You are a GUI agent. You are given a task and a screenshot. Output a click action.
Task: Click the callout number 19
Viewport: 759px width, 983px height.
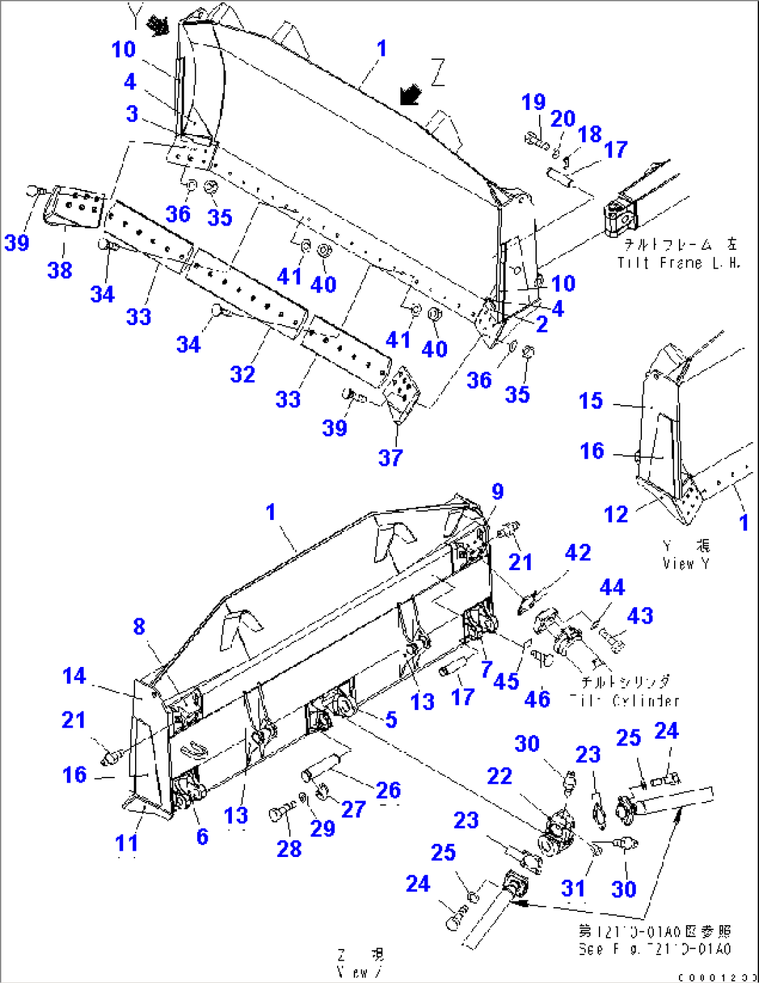(x=533, y=102)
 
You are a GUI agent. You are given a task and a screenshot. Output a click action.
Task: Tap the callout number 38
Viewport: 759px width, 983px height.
(x=60, y=270)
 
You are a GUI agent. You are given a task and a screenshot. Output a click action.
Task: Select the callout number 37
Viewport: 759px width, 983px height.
(x=391, y=457)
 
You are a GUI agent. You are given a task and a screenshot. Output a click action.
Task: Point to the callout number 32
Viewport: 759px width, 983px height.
(x=243, y=375)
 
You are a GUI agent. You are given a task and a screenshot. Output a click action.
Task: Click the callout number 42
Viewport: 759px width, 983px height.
(x=578, y=553)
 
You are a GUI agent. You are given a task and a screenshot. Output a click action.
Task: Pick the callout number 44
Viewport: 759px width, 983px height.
(x=612, y=588)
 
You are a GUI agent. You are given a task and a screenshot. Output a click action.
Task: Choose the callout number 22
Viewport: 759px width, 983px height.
(x=499, y=776)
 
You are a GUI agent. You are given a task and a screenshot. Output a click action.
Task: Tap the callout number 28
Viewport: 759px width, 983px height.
(x=289, y=849)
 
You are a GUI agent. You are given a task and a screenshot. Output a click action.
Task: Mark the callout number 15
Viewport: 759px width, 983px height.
(x=590, y=401)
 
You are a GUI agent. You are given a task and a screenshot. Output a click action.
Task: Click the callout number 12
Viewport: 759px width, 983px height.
(x=616, y=514)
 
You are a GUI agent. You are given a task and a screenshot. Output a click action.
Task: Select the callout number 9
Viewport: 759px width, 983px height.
(x=497, y=492)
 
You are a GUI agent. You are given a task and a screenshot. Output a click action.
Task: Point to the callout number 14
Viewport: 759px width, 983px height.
(x=74, y=676)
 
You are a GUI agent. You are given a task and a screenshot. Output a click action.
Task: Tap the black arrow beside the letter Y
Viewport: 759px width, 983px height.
(x=159, y=26)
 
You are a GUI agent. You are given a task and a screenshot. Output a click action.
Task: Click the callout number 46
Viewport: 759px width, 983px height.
(x=537, y=699)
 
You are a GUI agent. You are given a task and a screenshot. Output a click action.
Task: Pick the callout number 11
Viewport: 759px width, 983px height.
(x=127, y=843)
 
